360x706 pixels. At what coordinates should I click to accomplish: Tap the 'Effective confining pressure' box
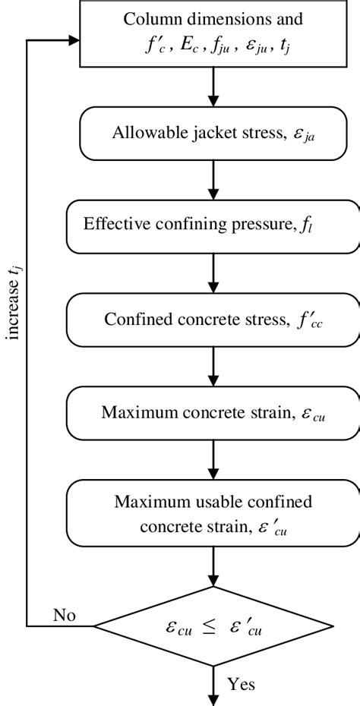click(x=212, y=226)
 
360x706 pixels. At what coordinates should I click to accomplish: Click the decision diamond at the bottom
click(x=212, y=626)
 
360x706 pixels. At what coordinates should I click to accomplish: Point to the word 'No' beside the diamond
click(x=65, y=614)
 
